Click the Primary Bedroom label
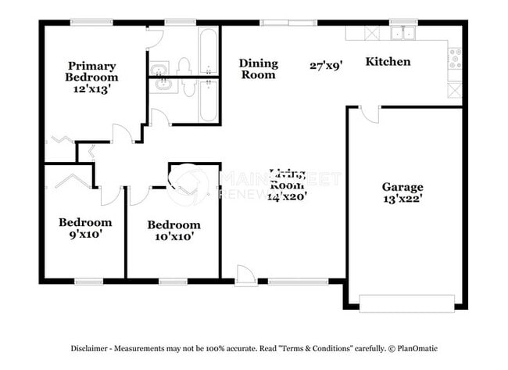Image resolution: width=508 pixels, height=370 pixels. [x=92, y=72]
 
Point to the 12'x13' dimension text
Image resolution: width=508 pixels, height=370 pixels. [x=92, y=90]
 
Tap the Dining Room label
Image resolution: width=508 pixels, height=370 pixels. [x=258, y=69]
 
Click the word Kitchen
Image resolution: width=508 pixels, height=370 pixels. [x=388, y=62]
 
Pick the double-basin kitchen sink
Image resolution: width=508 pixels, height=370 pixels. [x=402, y=33]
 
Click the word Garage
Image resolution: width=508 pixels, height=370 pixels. [x=402, y=187]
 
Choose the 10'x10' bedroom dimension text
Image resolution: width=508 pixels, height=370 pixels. [x=170, y=235]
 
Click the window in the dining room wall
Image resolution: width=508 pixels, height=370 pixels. [x=273, y=23]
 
